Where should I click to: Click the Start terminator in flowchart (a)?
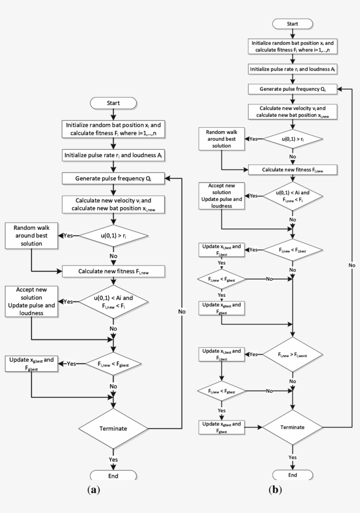pos(113,103)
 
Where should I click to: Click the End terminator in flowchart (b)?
pos(292,475)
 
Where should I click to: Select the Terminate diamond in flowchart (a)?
pos(113,428)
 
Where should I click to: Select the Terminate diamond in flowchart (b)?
pos(292,426)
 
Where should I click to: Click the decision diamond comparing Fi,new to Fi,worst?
pos(292,354)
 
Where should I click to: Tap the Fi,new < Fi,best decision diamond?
pos(292,250)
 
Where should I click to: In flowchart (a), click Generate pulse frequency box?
pos(113,178)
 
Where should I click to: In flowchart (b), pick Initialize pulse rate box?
pos(292,69)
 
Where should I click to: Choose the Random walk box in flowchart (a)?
pos(31,235)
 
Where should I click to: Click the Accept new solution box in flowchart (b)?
pos(221,195)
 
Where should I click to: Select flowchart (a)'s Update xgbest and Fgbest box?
pos(31,364)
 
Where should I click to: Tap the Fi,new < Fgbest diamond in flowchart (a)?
pos(113,364)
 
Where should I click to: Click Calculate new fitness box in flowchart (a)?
pos(113,271)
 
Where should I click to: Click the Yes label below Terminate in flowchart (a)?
pos(113,459)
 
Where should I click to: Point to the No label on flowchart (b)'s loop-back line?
pos(352,265)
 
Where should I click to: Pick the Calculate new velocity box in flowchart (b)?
pos(292,111)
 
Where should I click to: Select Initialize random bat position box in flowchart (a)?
pos(113,129)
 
